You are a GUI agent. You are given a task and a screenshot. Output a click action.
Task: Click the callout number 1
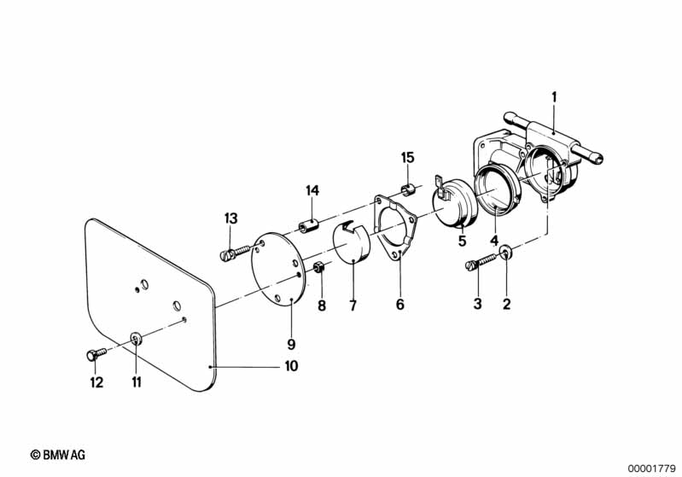554,97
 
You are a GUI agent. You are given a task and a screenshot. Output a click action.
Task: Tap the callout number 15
407,157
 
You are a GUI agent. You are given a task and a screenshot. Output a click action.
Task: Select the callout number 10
291,366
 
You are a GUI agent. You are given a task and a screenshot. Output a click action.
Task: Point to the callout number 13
231,218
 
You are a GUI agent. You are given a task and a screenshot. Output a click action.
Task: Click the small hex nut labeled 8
318,266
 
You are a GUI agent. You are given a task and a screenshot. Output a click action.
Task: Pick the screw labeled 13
236,253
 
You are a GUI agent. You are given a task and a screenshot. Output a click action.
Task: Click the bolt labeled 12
96,353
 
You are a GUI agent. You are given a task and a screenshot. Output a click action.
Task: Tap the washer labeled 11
135,338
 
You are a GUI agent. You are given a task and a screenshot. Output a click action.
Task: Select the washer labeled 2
506,252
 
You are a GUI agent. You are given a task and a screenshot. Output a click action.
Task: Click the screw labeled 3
481,262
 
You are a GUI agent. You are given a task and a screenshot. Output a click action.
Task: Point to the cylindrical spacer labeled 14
308,226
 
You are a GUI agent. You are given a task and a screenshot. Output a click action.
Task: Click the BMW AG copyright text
58,455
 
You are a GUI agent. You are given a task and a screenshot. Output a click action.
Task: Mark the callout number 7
353,305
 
